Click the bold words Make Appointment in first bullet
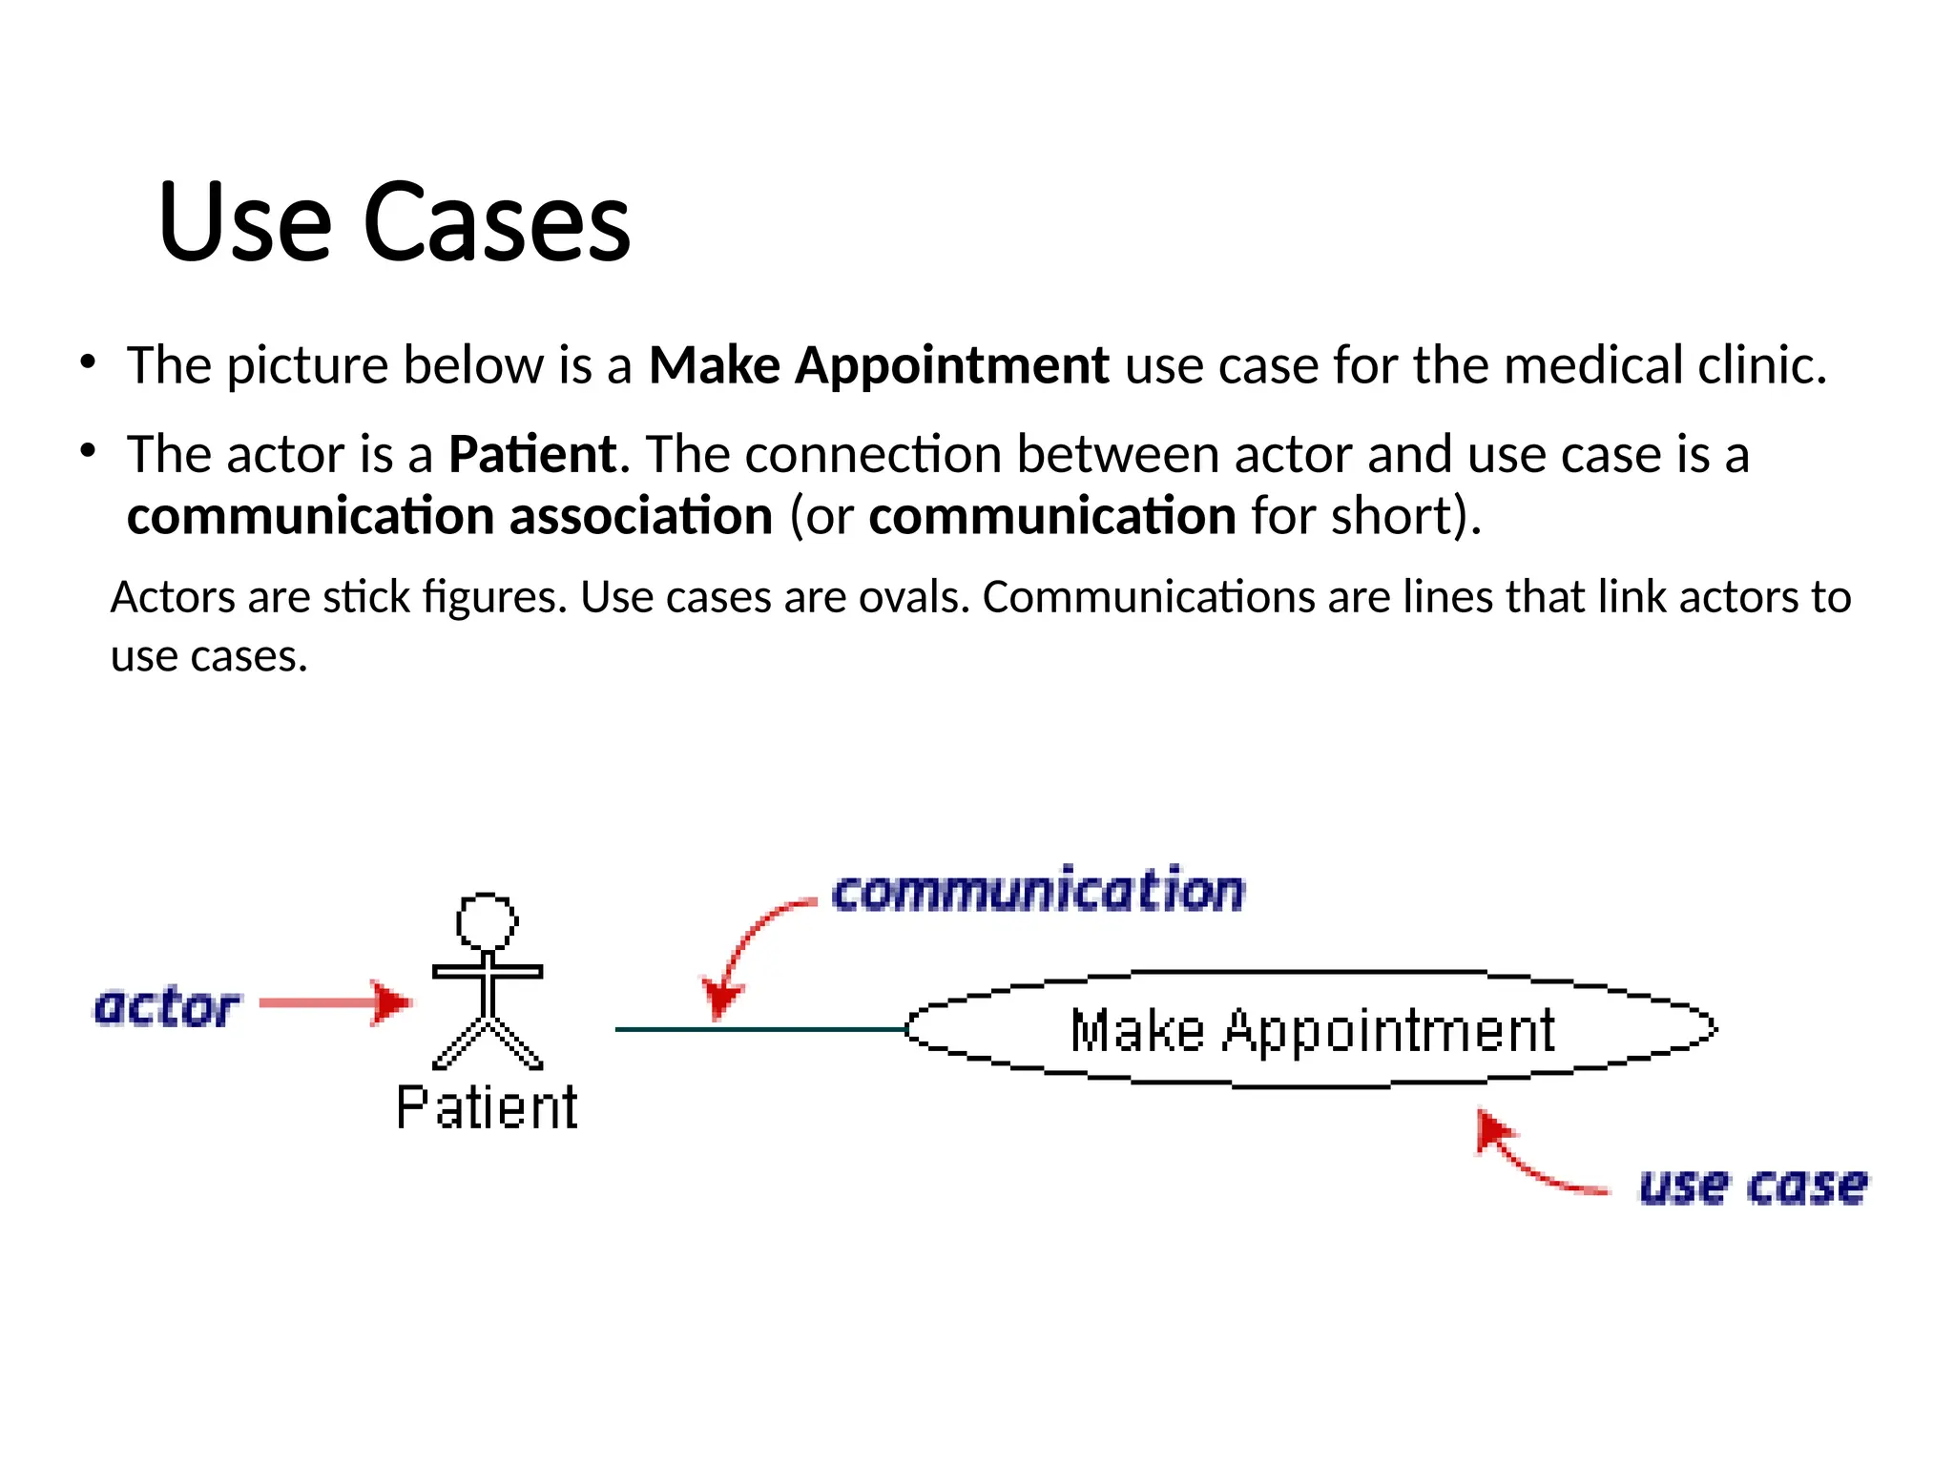pyautogui.click(x=878, y=365)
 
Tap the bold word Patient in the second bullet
pyautogui.click(x=532, y=454)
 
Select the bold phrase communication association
pyautogui.click(x=449, y=517)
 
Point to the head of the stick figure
pyautogui.click(x=487, y=920)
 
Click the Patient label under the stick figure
pyautogui.click(x=487, y=1108)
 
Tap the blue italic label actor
pyautogui.click(x=166, y=1007)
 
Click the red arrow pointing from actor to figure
pyautogui.click(x=334, y=1002)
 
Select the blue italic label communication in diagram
pyautogui.click(x=1038, y=892)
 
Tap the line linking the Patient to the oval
pyautogui.click(x=759, y=1029)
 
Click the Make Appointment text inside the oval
pyautogui.click(x=1312, y=1031)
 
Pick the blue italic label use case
pyautogui.click(x=1753, y=1186)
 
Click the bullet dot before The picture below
pyautogui.click(x=88, y=362)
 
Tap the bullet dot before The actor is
pyautogui.click(x=88, y=451)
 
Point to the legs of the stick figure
pyautogui.click(x=488, y=1043)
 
